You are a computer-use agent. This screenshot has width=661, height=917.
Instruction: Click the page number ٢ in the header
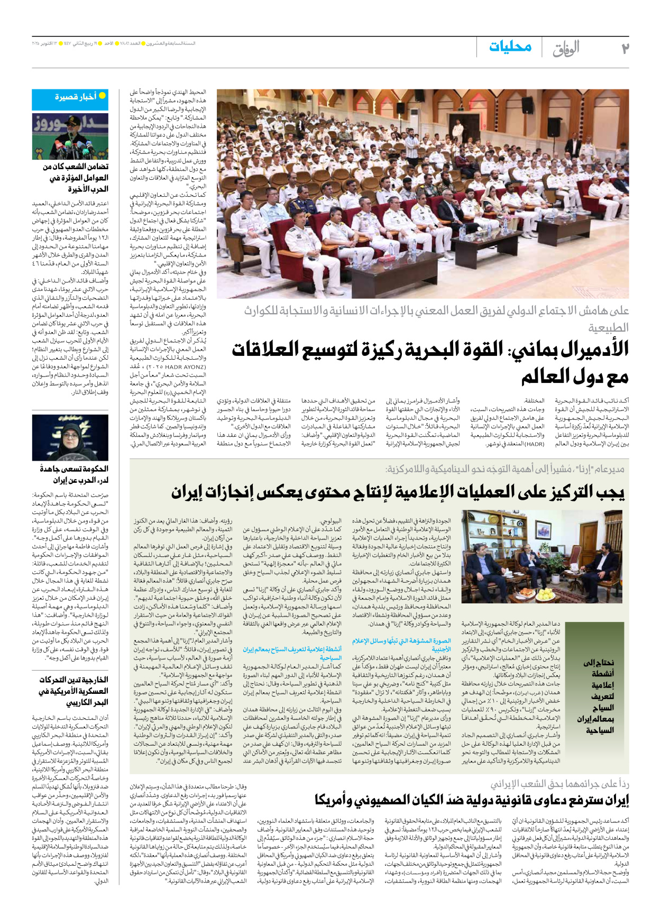click(625, 48)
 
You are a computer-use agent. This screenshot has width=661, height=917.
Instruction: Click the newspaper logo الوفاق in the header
click(566, 49)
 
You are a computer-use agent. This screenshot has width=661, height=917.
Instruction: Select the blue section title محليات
click(510, 47)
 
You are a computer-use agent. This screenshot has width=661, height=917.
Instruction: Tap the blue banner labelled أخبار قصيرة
click(70, 97)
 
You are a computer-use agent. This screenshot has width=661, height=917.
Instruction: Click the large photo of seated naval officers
click(423, 194)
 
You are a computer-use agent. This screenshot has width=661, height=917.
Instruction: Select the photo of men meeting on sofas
click(541, 556)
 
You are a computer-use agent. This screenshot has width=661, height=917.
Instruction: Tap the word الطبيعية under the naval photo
click(608, 328)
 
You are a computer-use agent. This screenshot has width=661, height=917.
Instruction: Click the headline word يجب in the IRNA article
click(611, 492)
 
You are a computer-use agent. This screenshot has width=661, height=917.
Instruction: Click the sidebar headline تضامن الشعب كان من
click(76, 167)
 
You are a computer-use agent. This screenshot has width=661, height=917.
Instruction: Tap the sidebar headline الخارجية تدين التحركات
click(74, 680)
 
